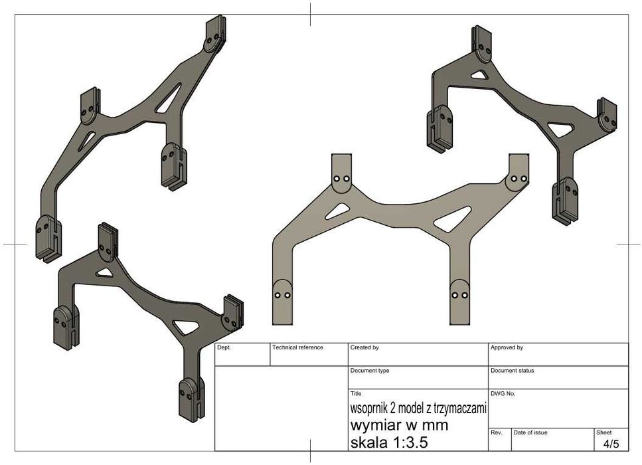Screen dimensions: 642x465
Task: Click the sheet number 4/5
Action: point(611,444)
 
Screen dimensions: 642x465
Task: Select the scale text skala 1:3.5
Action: point(389,442)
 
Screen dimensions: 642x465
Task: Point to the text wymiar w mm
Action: point(399,425)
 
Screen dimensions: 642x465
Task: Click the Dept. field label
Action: point(224,347)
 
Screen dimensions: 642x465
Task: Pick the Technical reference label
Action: point(297,347)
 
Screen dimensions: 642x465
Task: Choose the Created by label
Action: point(364,347)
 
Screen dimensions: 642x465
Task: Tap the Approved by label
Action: point(507,347)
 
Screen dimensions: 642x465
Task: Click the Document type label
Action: point(370,371)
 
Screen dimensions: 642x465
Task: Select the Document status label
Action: point(513,371)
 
